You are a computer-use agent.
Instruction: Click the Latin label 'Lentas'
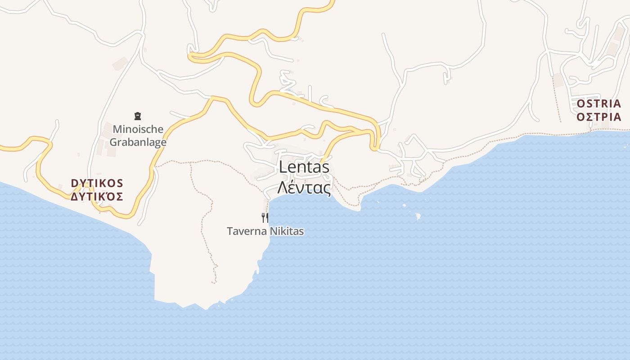(304, 167)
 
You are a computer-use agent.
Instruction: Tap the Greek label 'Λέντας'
(304, 187)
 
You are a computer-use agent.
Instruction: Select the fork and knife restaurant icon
(265, 218)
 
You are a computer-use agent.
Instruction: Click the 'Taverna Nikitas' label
(265, 231)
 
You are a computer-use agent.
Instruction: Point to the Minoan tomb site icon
(138, 117)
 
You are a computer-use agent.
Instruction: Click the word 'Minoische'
(138, 129)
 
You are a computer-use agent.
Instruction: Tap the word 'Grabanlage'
(138, 142)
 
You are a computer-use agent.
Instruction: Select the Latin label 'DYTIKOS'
(97, 183)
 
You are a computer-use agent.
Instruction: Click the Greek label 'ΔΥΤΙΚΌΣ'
(97, 197)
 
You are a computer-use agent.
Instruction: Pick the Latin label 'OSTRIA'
(598, 103)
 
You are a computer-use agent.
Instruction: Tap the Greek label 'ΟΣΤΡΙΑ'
(598, 117)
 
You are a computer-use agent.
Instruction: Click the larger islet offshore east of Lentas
(418, 216)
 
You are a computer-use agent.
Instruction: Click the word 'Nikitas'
(286, 231)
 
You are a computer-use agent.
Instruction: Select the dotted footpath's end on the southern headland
(215, 282)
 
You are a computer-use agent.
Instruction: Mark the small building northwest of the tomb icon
(120, 63)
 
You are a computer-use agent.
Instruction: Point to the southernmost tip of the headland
(207, 309)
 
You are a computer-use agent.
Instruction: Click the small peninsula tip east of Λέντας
(359, 208)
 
